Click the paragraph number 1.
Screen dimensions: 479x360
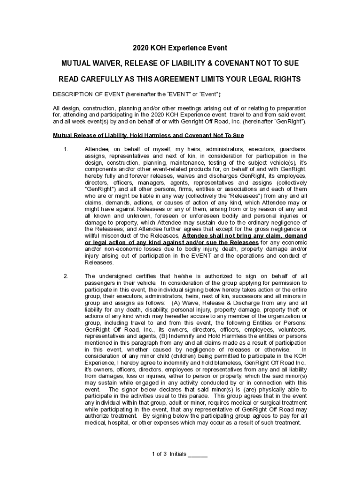click(x=66, y=149)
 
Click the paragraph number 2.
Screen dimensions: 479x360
click(x=66, y=276)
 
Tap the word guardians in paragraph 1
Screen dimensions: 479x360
click(x=291, y=149)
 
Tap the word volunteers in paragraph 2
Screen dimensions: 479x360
click(x=291, y=329)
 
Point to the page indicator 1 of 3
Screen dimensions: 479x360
click(x=159, y=454)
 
